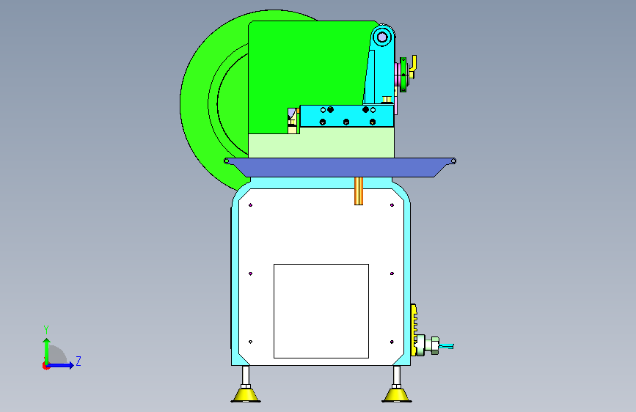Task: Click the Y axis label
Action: [x=46, y=330]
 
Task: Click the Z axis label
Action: [x=78, y=361]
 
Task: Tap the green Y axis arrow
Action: [x=47, y=351]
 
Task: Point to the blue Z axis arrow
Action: [x=61, y=365]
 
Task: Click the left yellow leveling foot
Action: [x=246, y=394]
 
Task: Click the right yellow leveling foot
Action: [x=397, y=394]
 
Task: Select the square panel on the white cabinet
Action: [x=321, y=311]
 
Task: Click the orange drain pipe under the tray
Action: [x=359, y=191]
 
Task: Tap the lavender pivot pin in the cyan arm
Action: [x=382, y=37]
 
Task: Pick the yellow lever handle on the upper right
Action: [x=413, y=66]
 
